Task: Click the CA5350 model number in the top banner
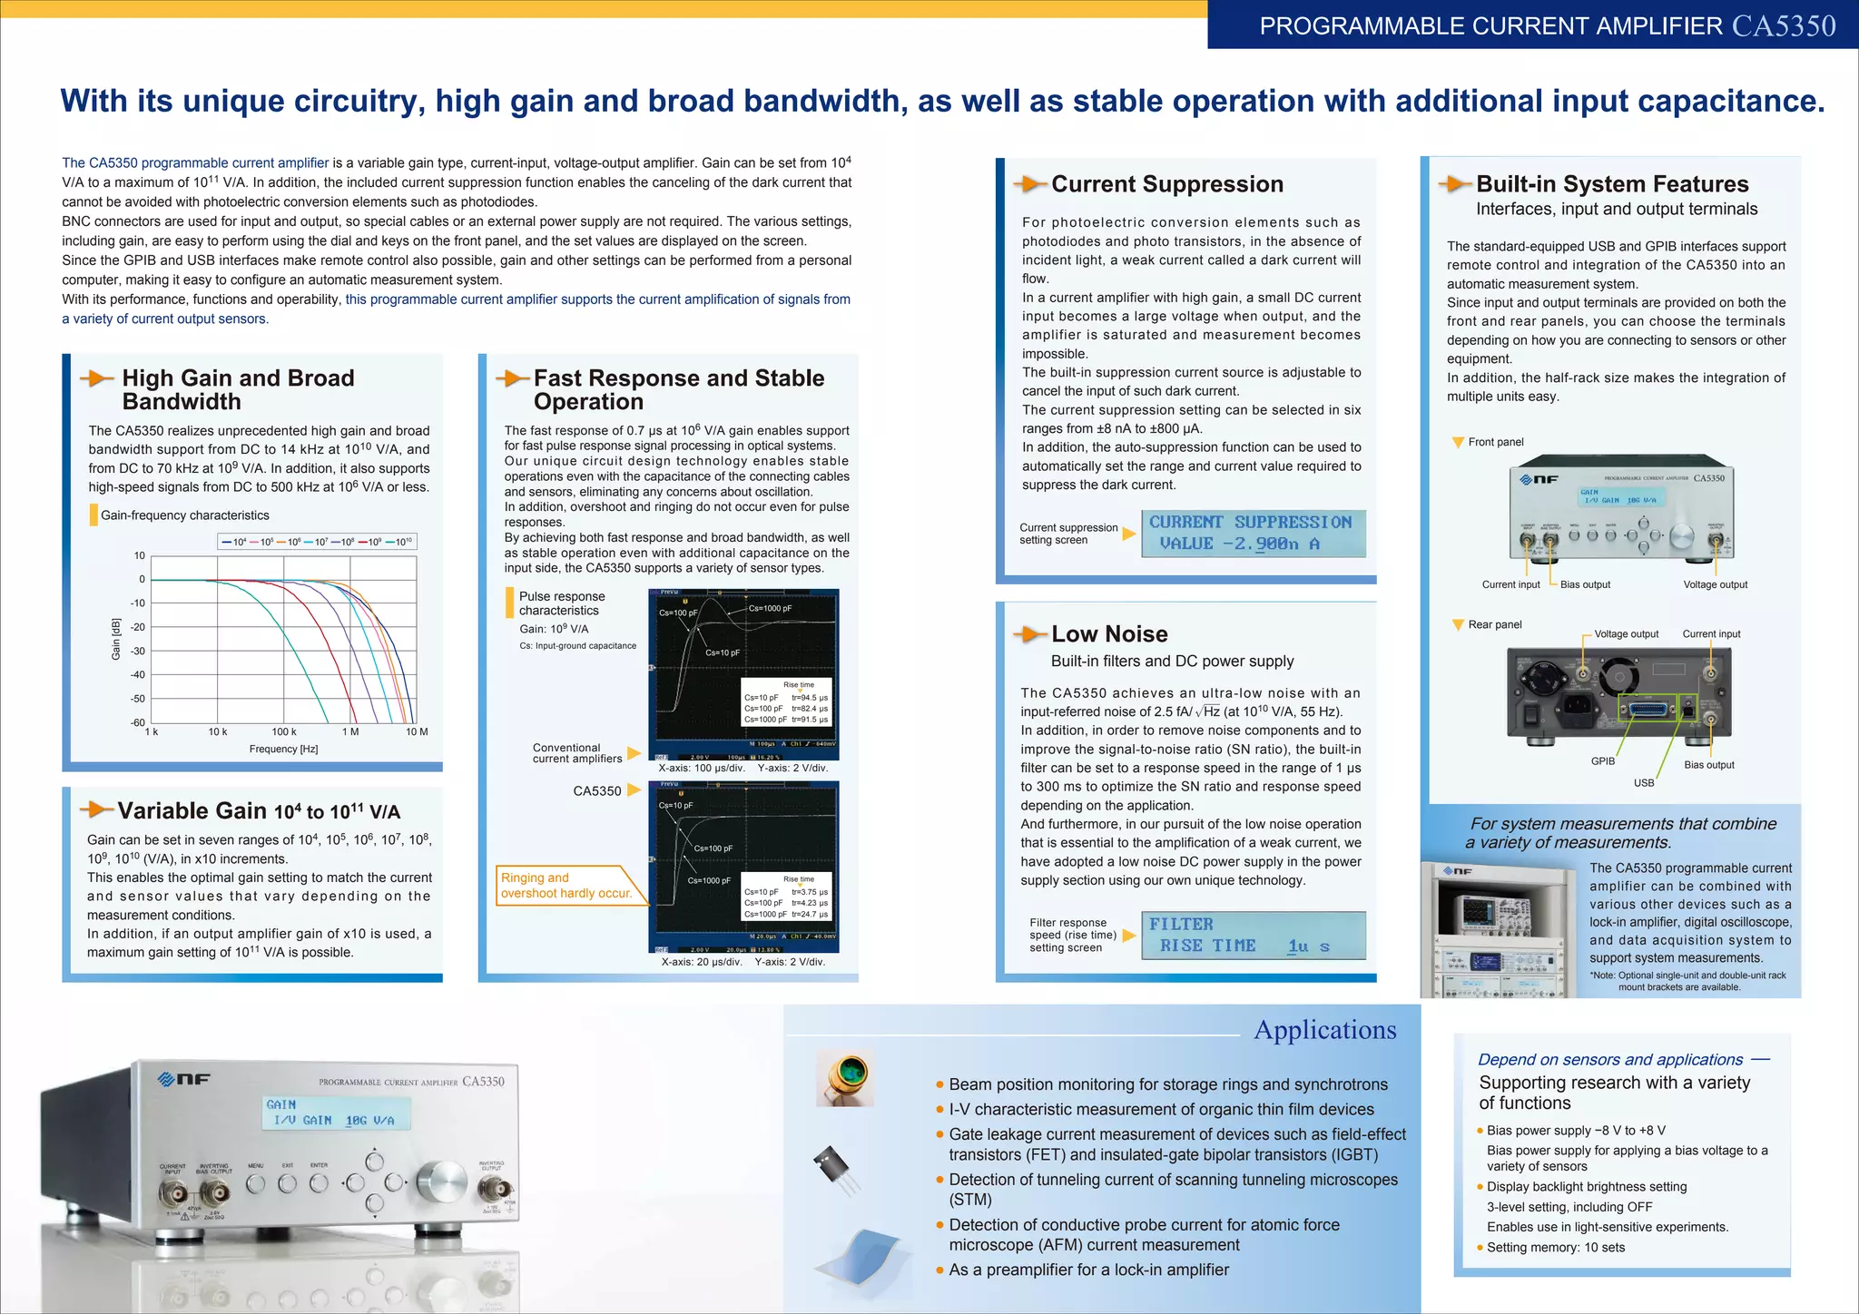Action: pos(1784,25)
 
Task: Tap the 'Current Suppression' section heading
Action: pos(1166,184)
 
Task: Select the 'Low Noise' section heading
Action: pos(1109,634)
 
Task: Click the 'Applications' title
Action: pos(1324,1030)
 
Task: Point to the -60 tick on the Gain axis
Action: pos(138,722)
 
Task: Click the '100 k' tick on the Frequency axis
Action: pos(284,731)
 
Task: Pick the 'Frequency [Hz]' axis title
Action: pos(283,749)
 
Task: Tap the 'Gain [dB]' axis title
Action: pos(115,639)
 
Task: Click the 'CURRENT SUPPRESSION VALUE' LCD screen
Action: pos(1253,534)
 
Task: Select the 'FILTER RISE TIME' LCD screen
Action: pos(1253,936)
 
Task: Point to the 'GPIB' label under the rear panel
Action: pos(1603,761)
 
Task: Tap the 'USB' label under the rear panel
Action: pos(1644,782)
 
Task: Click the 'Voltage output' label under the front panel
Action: pos(1715,584)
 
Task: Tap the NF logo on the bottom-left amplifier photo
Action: pos(184,1079)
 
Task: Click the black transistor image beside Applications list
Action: pos(835,1169)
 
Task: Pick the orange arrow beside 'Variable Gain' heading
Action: pos(96,809)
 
